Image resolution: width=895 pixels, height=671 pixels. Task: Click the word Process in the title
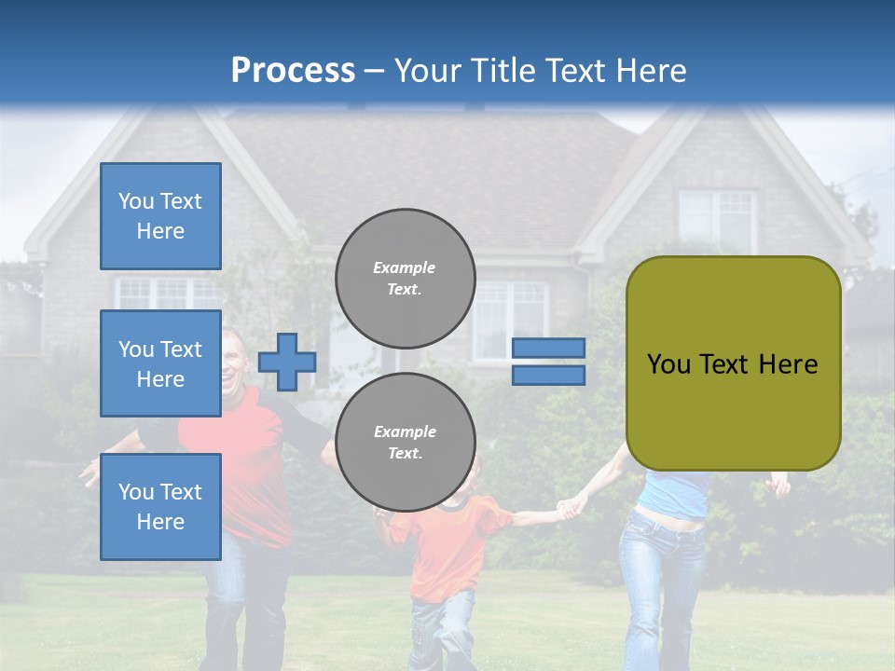(293, 70)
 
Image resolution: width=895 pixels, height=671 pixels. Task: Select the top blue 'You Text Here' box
(160, 216)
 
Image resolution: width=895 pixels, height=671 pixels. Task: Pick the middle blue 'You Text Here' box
(160, 363)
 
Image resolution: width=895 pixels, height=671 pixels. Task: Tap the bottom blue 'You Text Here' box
(160, 507)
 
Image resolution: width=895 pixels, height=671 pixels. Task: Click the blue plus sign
(287, 362)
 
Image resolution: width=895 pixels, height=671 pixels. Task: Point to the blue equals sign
(548, 362)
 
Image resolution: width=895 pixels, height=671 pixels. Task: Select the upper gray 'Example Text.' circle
(406, 278)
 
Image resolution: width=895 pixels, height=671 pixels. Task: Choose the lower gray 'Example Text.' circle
(406, 442)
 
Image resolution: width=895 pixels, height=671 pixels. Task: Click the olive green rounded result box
(733, 363)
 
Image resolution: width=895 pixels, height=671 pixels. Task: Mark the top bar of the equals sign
(548, 348)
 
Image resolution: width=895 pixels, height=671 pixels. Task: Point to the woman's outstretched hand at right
(778, 484)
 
